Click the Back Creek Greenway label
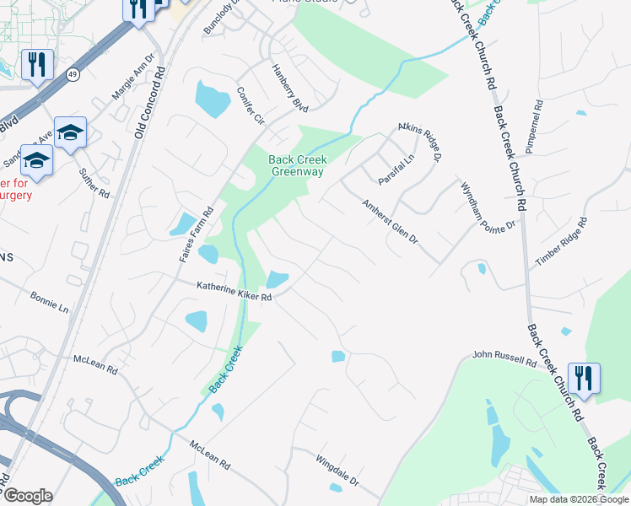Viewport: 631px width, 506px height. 296,165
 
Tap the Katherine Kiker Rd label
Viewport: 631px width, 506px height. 234,292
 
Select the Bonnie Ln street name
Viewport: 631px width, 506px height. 49,303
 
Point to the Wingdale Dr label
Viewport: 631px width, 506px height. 337,472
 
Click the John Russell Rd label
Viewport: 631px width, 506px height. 504,359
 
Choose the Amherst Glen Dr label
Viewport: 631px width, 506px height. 390,221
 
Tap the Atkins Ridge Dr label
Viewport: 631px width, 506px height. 421,142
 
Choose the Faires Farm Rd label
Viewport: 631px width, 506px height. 197,234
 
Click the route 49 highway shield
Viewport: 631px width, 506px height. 73,74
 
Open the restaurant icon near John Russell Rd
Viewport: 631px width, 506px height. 584,376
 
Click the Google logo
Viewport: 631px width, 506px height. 28,496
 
